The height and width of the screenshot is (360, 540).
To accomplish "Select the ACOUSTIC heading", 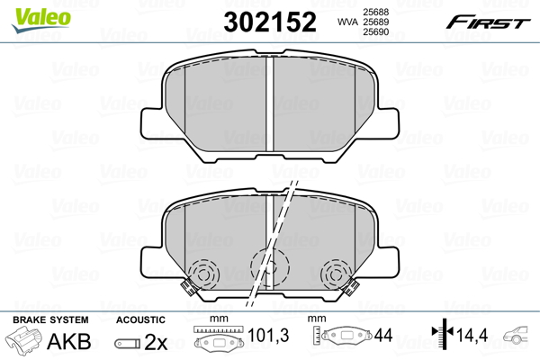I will pos(141,319).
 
